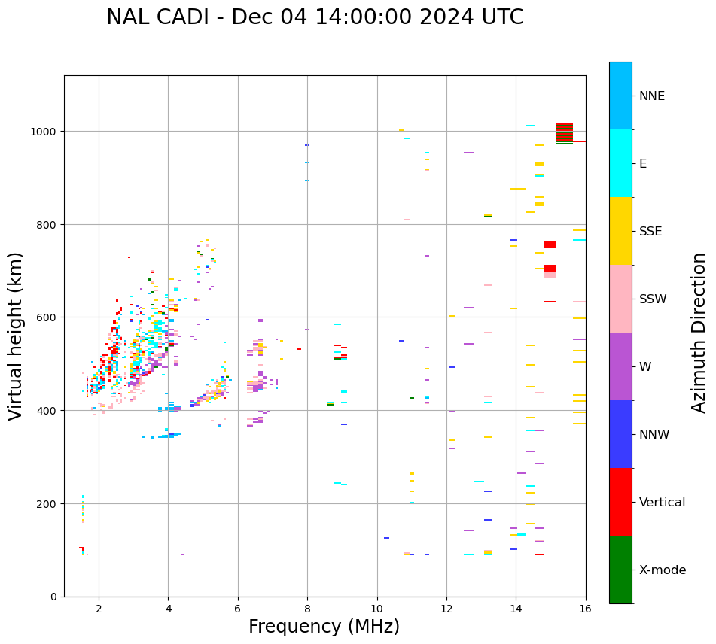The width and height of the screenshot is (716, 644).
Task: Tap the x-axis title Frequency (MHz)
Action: click(324, 627)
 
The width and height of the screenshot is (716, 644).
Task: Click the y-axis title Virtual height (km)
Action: click(17, 336)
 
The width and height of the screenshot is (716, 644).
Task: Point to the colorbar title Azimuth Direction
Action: click(699, 333)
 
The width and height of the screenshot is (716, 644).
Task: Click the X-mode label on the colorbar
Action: click(663, 570)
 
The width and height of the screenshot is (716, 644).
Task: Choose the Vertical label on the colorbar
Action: click(663, 503)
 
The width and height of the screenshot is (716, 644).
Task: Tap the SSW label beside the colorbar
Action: click(653, 299)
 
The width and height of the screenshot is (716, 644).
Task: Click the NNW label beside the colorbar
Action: click(655, 435)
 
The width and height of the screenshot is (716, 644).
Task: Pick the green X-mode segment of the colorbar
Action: click(620, 570)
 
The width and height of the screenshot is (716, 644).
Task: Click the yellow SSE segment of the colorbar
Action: click(620, 231)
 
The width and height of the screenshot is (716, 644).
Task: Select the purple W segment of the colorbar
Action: click(620, 366)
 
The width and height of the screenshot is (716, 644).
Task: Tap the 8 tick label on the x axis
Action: click(307, 609)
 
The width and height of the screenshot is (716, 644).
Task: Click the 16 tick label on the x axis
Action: click(585, 609)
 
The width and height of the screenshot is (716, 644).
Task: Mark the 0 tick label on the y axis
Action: click(54, 597)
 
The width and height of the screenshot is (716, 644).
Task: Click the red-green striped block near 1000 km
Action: click(565, 132)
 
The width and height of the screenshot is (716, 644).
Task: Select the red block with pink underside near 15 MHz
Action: click(550, 271)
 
